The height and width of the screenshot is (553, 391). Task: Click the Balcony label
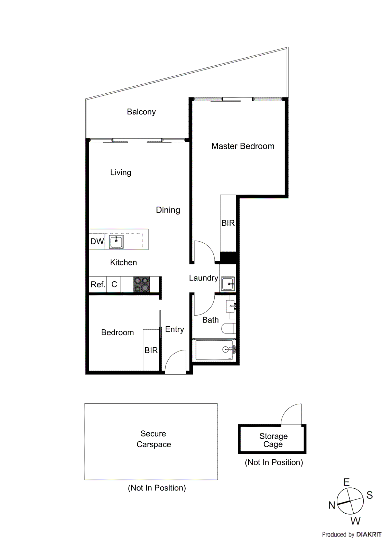141,112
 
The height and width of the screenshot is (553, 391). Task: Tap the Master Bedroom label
243,146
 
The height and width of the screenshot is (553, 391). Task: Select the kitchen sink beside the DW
116,241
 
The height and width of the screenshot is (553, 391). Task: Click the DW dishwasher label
97,241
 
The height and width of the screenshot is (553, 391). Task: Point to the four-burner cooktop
141,284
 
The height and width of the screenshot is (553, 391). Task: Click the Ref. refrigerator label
97,284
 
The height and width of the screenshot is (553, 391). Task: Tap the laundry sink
228,284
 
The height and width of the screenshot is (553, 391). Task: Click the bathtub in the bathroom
214,350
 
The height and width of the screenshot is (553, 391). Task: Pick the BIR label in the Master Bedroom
228,223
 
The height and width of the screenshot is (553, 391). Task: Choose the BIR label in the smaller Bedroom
151,350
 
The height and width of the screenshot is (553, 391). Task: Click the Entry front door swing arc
175,361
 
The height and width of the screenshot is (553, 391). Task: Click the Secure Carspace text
153,439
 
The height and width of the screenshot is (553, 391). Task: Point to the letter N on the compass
332,505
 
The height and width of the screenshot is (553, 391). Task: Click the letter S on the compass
370,495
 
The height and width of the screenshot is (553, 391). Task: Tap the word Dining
168,210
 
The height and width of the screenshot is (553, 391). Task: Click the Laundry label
203,278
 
